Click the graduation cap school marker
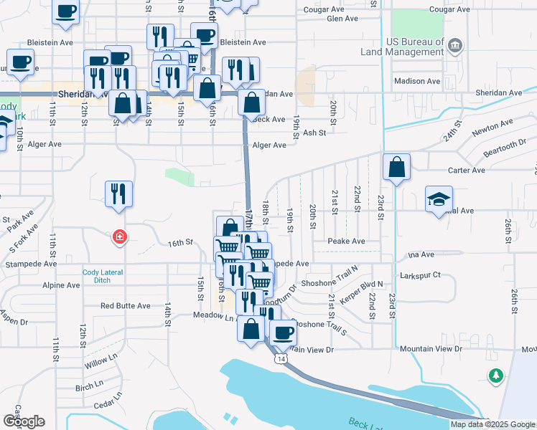point(439,199)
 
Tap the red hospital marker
point(120,236)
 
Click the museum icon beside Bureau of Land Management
point(454,47)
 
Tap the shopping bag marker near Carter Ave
point(396,168)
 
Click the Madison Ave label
point(417,81)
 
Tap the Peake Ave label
point(346,241)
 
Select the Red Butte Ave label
point(125,306)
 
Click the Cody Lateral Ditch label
point(103,277)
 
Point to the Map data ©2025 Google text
point(492,424)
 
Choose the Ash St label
point(314,133)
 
